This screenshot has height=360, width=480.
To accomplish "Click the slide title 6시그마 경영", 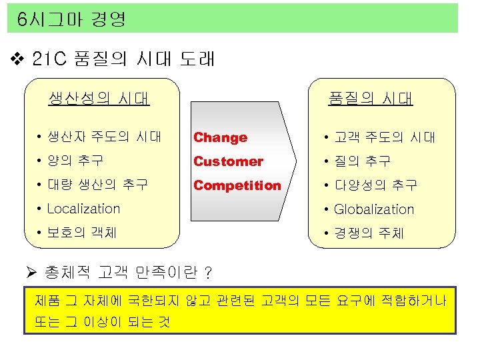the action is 72,19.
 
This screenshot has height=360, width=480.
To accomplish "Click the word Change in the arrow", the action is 220,137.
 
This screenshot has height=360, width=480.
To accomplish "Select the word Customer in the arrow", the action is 228,161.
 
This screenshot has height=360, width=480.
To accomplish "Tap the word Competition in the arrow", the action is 237,185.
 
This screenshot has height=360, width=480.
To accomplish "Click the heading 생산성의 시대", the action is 99,99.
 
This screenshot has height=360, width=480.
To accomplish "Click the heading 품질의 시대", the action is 371,99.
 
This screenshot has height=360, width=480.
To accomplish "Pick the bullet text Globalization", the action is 374,209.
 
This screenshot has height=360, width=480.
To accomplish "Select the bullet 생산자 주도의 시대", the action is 104,137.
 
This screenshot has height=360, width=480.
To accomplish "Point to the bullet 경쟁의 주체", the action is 369,233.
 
